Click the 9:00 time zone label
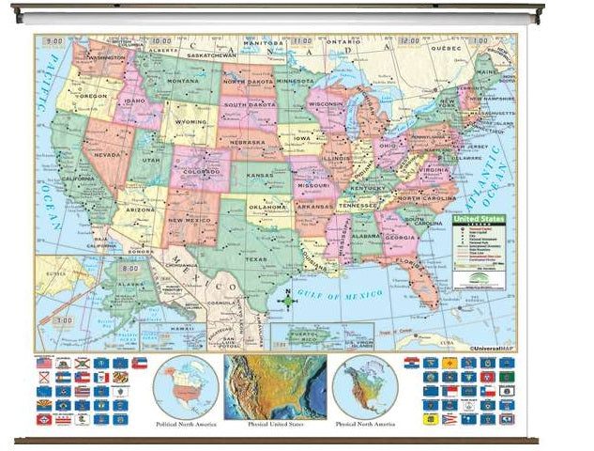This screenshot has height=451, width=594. point(54,41)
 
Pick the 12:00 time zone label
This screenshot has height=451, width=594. point(410,41)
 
